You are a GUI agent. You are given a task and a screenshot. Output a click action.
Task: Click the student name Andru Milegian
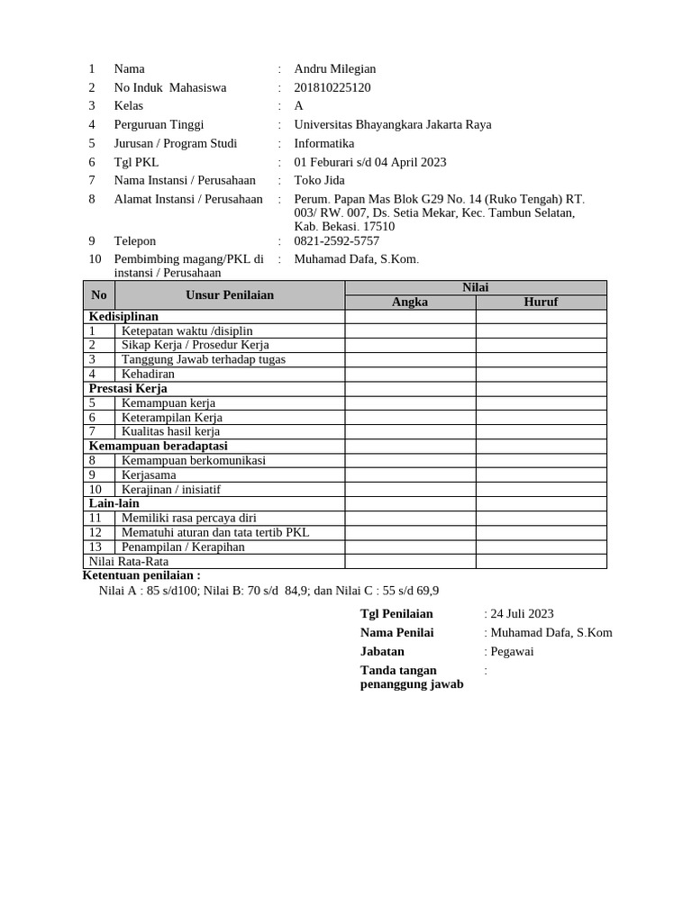(x=334, y=69)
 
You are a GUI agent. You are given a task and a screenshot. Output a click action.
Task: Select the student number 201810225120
(x=332, y=87)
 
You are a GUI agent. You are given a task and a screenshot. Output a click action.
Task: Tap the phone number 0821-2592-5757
(x=336, y=241)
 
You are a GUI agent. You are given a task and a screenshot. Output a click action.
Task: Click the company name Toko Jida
(x=320, y=180)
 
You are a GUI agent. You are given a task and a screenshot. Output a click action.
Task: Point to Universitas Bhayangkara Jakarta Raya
(x=393, y=125)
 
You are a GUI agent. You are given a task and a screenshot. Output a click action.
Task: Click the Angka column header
(x=410, y=302)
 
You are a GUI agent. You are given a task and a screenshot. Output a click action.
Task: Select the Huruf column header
(x=541, y=302)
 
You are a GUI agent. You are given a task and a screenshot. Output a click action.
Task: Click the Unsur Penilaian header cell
(x=230, y=294)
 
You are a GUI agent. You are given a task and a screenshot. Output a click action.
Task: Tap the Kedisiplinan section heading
(x=123, y=316)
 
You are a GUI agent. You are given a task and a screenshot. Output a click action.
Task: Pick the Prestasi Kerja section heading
(x=128, y=388)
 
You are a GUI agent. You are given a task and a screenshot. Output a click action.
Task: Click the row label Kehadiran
(x=148, y=374)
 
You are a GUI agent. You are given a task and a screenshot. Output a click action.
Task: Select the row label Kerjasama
(x=149, y=475)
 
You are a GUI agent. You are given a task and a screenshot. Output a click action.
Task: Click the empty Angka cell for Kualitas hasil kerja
(x=410, y=431)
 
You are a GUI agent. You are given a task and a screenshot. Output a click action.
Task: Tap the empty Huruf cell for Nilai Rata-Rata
(x=541, y=561)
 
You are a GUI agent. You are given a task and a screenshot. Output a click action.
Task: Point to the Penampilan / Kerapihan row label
(x=183, y=547)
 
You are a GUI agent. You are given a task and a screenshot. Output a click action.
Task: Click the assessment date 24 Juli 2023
(x=522, y=614)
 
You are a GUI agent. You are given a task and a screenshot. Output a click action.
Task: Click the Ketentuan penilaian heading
(x=141, y=575)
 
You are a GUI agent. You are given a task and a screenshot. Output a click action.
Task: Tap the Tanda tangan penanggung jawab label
(x=412, y=677)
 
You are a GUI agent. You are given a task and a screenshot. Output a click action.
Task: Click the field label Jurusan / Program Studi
(x=176, y=143)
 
